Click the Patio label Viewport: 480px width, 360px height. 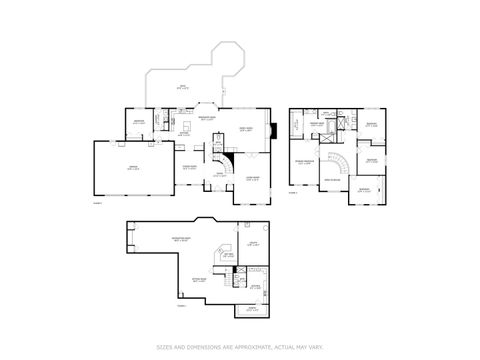click(x=181, y=87)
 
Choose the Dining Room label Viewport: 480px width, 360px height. click(x=189, y=167)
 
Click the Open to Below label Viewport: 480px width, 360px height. click(x=331, y=179)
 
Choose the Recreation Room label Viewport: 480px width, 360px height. click(x=182, y=239)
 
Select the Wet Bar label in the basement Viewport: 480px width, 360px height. click(x=227, y=254)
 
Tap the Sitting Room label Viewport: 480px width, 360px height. click(x=200, y=281)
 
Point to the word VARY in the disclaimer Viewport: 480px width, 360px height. click(x=314, y=347)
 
